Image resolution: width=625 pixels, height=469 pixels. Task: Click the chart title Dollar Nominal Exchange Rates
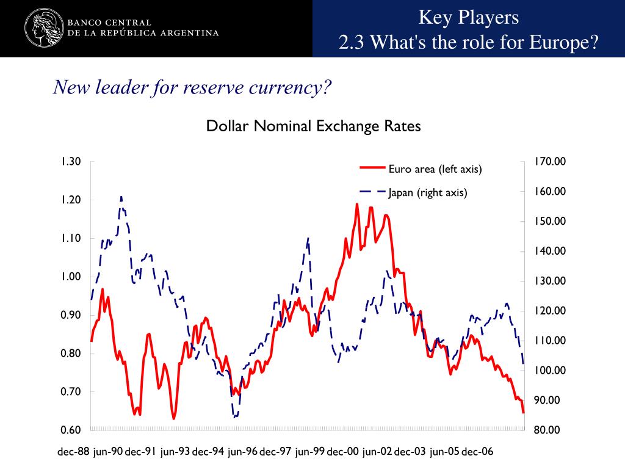(x=313, y=126)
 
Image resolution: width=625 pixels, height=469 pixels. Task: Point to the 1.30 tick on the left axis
(x=71, y=162)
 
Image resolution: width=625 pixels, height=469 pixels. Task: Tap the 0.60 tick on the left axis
(x=71, y=430)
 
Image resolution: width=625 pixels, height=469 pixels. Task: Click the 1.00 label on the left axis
(x=71, y=277)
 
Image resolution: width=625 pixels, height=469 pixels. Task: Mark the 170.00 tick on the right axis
(x=550, y=162)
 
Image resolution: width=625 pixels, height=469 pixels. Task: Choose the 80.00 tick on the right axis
(x=547, y=430)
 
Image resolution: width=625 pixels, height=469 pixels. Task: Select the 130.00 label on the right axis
(x=550, y=281)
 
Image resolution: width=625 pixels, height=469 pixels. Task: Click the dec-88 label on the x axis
(x=74, y=453)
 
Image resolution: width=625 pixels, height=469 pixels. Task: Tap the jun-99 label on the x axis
(x=309, y=453)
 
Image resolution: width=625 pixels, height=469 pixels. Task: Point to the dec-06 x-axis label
(x=477, y=453)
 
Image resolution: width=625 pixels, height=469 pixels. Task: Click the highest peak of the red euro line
(x=357, y=204)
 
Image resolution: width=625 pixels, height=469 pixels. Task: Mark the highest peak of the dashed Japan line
(x=121, y=197)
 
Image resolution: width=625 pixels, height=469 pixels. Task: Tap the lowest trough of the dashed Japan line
(x=235, y=417)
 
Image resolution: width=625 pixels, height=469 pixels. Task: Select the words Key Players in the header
(x=468, y=17)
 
